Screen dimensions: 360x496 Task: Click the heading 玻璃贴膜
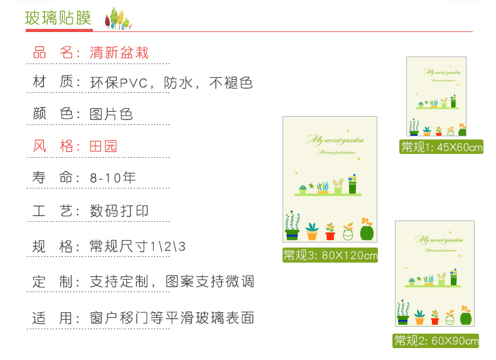click(x=58, y=18)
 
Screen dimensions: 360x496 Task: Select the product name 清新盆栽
click(x=119, y=53)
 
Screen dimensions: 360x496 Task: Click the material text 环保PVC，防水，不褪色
click(x=171, y=82)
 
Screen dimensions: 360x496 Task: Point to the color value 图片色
click(x=111, y=114)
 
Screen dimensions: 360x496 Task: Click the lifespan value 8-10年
click(x=113, y=178)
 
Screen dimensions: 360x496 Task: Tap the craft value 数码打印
click(x=119, y=210)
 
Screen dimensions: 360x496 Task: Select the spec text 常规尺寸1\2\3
click(x=138, y=246)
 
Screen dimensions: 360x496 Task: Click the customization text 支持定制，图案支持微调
click(x=171, y=281)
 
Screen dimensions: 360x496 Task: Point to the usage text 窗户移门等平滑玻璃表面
click(x=171, y=318)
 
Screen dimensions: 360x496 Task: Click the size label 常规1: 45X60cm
click(x=442, y=147)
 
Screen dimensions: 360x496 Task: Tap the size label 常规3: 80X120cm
click(x=330, y=255)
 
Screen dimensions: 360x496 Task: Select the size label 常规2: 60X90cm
click(x=436, y=341)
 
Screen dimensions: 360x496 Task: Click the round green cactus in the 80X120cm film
click(x=367, y=232)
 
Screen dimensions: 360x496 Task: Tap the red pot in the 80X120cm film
click(x=330, y=234)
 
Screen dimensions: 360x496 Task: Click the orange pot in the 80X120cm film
click(x=312, y=234)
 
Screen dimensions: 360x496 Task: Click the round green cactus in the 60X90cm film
click(x=465, y=318)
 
